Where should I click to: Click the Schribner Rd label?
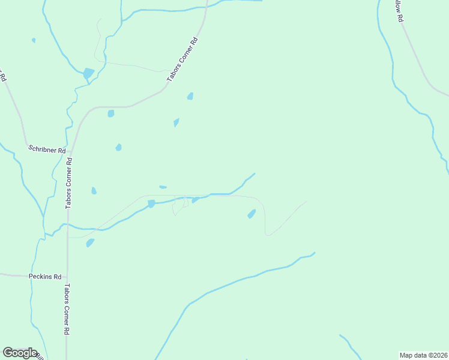point(46,149)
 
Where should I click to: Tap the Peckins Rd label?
point(45,277)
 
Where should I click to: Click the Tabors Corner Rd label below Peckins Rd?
point(67,309)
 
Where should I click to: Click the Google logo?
point(20,353)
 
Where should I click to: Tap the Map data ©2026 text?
point(423,355)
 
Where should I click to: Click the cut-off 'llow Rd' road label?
point(398,11)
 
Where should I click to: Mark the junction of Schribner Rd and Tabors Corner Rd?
point(71,151)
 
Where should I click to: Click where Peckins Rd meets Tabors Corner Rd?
point(67,277)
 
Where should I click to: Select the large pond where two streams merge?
point(88,74)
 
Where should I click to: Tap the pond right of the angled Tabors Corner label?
point(190,96)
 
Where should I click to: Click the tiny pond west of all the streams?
point(34,40)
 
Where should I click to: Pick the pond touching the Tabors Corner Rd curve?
point(110,113)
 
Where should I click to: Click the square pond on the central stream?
point(151,204)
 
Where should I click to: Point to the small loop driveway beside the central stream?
point(179,206)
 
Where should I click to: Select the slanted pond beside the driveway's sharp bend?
point(252,214)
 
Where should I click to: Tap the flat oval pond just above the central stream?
point(163,187)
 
